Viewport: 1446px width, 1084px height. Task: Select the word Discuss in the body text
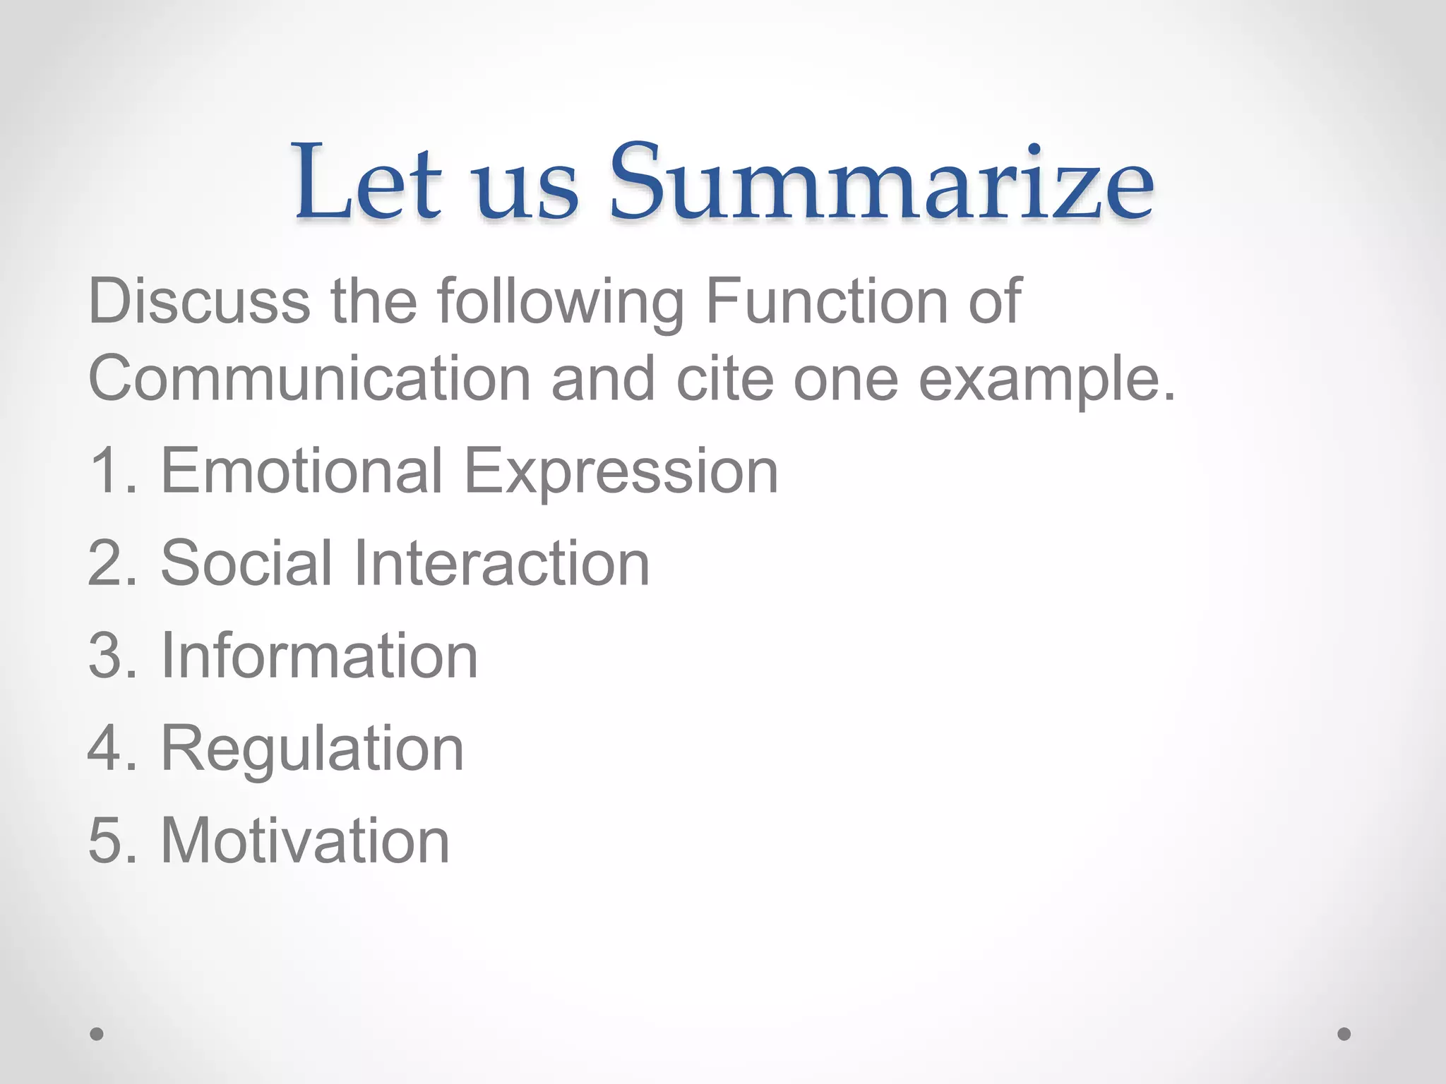coord(199,301)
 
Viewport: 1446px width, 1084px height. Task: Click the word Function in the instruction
coord(827,301)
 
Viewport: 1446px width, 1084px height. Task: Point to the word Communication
coord(309,379)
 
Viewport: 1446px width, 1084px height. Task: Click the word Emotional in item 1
coord(301,471)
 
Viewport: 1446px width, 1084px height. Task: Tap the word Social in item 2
coord(246,562)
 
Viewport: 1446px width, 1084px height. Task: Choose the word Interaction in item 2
coord(501,562)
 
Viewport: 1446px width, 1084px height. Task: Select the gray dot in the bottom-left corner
coord(97,1034)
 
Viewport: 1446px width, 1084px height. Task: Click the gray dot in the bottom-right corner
coord(1344,1034)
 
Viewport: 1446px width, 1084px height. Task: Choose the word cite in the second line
coord(724,379)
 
